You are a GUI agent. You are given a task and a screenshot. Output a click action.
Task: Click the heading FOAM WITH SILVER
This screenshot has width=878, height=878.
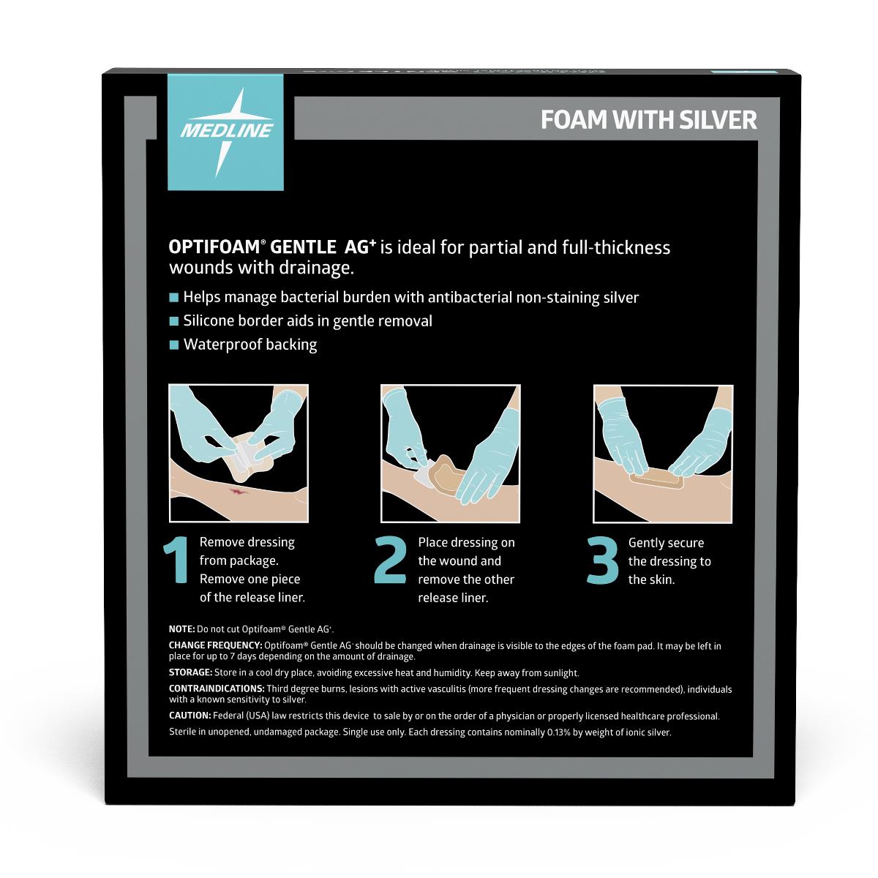click(x=648, y=120)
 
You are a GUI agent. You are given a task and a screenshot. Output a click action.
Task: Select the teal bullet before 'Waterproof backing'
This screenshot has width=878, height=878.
click(x=173, y=345)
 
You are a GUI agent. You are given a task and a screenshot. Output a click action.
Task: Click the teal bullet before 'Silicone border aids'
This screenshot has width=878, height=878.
click(x=173, y=321)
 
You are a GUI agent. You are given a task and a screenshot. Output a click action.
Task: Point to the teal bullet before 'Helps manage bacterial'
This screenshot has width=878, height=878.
click(x=173, y=298)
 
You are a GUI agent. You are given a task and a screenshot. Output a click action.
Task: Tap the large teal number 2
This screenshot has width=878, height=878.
click(x=390, y=562)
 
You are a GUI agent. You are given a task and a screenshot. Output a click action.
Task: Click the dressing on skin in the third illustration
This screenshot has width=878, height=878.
click(x=656, y=482)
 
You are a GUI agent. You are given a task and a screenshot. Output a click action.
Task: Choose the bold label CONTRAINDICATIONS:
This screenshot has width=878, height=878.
click(x=217, y=689)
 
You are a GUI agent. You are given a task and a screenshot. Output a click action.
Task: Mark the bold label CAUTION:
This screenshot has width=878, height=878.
click(x=190, y=716)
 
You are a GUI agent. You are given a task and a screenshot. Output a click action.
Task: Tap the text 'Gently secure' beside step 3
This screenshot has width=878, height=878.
click(x=666, y=544)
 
